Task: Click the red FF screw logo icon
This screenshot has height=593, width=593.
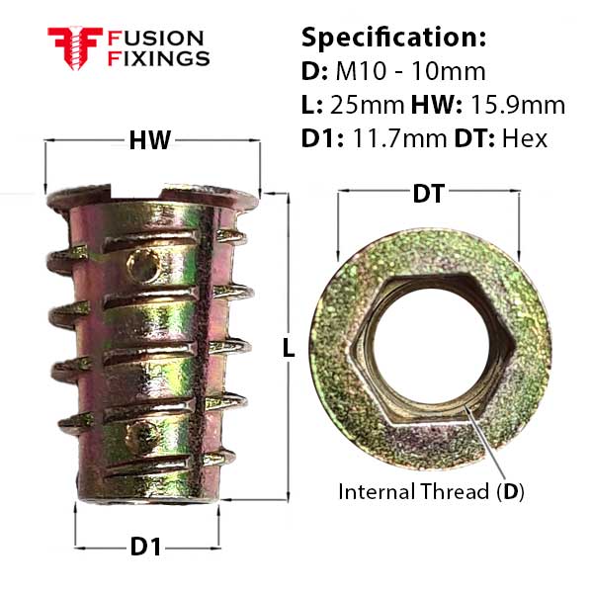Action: (75, 48)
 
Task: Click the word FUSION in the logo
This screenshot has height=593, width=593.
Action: (156, 39)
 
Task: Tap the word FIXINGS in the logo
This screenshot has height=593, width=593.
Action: (158, 58)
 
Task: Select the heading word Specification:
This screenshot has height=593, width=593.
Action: (393, 39)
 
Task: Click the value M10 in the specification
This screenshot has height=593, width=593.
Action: (361, 71)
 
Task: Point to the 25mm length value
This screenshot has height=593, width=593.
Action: (367, 105)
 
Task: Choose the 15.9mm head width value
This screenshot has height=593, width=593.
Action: (518, 105)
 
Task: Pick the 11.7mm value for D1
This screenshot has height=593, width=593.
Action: (399, 138)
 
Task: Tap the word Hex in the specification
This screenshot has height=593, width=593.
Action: (525, 138)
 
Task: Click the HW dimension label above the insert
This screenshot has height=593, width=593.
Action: (150, 140)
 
